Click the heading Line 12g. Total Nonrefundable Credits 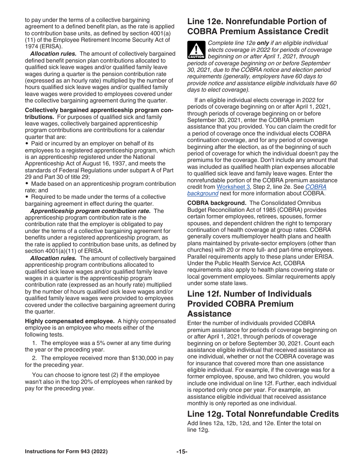pyautogui.click(x=263, y=414)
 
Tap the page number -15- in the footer pyautogui.click(x=182, y=452)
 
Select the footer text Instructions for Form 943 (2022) pyautogui.click(x=66, y=452)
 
